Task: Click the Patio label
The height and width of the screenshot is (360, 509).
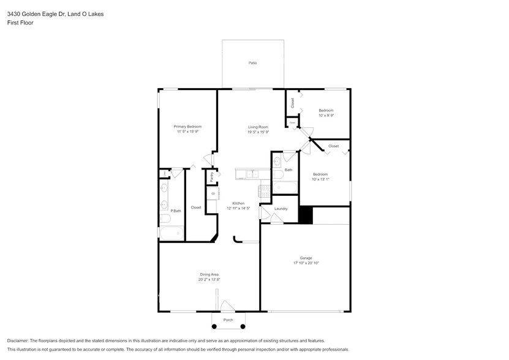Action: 252,63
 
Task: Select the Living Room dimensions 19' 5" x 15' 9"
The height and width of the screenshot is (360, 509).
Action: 258,132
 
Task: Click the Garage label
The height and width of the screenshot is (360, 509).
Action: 306,258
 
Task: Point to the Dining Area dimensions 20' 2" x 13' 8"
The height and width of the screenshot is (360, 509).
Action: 209,279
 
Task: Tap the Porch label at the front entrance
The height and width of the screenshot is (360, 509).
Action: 228,320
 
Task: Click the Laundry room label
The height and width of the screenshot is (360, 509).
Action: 281,209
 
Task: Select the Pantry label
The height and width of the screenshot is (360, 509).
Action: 212,177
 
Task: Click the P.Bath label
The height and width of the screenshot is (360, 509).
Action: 176,211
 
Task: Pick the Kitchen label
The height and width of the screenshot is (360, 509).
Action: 238,203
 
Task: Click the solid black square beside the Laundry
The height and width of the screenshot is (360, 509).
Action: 306,215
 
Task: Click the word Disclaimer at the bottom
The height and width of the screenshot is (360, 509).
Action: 19,340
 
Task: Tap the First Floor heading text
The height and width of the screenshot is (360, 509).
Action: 21,23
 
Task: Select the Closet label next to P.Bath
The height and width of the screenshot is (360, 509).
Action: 196,208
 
